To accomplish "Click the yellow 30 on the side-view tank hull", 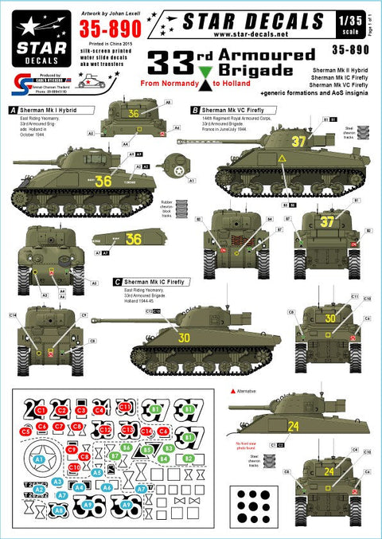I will [x=185, y=338].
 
